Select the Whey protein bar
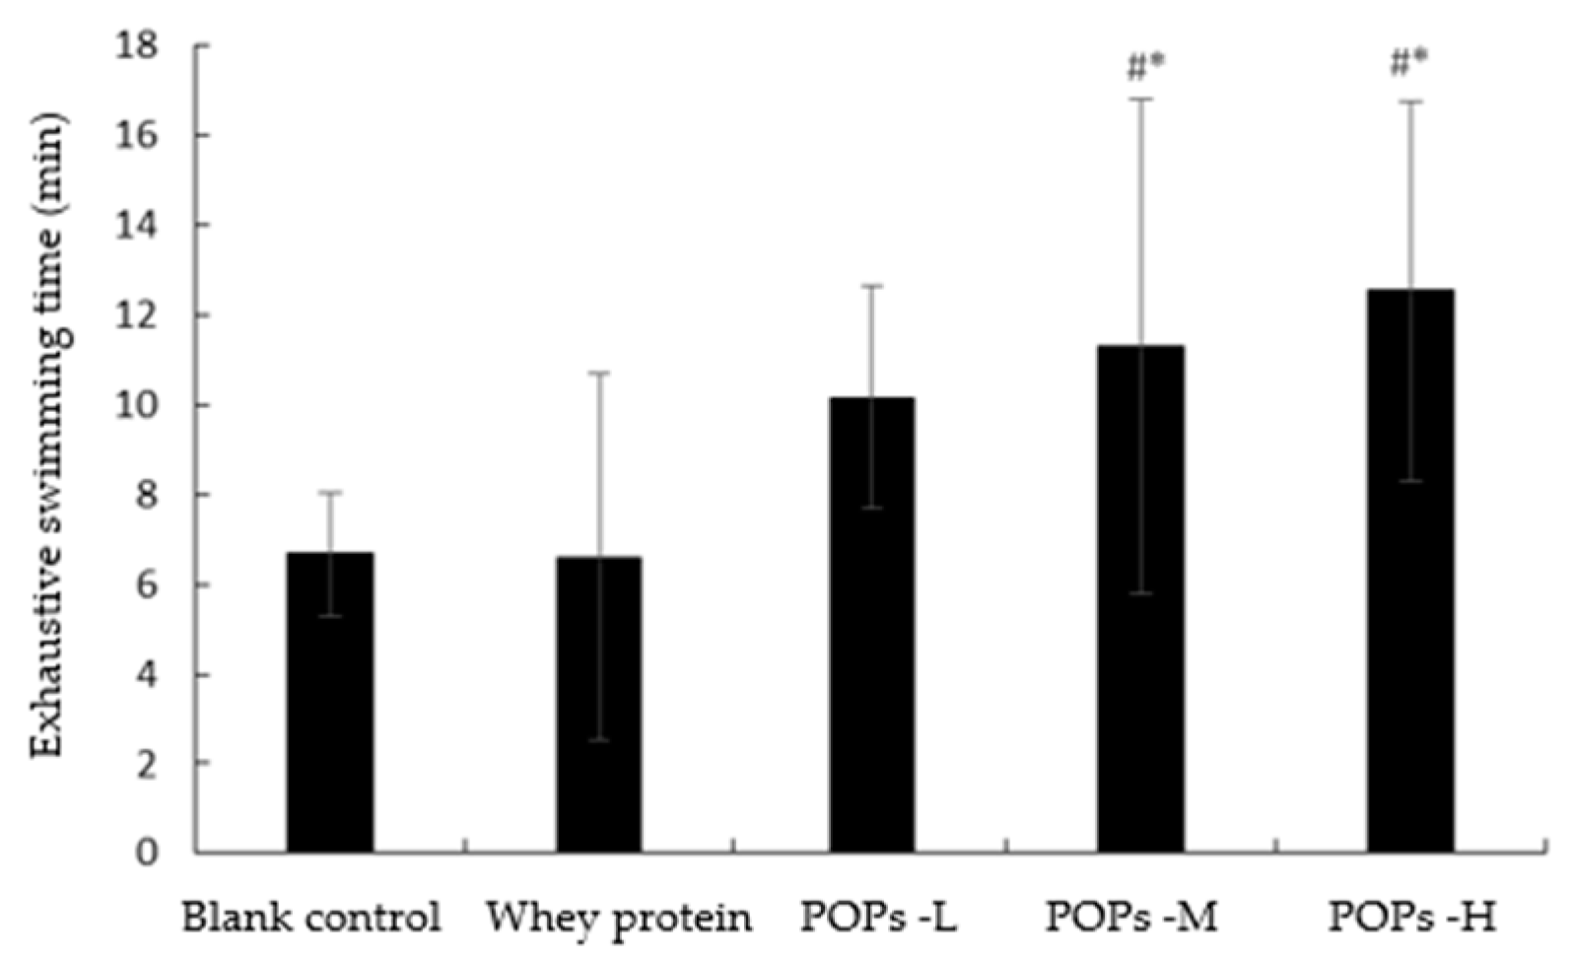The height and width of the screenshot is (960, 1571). pyautogui.click(x=598, y=705)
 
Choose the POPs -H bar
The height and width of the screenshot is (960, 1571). pyautogui.click(x=1410, y=571)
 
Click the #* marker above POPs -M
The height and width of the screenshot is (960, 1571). pyautogui.click(x=1145, y=67)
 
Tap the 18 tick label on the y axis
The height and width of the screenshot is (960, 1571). pyautogui.click(x=138, y=46)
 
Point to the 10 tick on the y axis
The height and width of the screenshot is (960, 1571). pyautogui.click(x=138, y=406)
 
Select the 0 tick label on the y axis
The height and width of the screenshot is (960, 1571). pyautogui.click(x=148, y=853)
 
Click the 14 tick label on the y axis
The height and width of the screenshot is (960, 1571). pyautogui.click(x=138, y=226)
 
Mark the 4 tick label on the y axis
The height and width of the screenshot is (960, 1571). pyautogui.click(x=148, y=675)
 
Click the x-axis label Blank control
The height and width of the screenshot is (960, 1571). pyautogui.click(x=311, y=919)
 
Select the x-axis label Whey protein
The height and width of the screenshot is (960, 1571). pyautogui.click(x=619, y=919)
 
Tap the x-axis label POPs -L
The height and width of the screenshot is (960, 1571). pyautogui.click(x=878, y=919)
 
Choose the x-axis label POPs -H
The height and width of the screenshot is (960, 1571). pyautogui.click(x=1411, y=919)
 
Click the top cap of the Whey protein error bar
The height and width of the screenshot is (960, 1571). pyautogui.click(x=598, y=373)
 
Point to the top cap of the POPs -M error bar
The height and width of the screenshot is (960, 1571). pyautogui.click(x=1140, y=99)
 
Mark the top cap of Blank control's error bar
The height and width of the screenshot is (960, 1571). pyautogui.click(x=329, y=491)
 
